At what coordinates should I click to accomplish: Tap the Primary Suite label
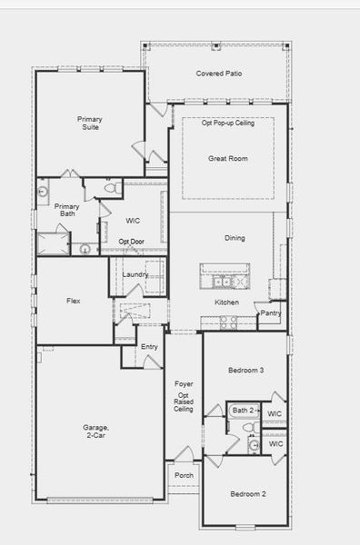[89, 124]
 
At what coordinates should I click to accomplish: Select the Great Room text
[227, 159]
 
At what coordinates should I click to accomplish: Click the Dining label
[235, 238]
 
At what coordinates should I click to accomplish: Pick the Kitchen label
[226, 302]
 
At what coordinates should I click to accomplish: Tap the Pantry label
[270, 313]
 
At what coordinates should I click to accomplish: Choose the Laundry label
[135, 274]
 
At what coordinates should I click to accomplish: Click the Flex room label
[74, 301]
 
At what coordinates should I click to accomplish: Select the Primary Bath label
[66, 211]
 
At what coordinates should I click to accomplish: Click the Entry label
[149, 347]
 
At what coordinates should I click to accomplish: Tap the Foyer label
[183, 385]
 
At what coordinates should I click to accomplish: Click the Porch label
[184, 474]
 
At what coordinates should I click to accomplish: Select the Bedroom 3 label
[246, 371]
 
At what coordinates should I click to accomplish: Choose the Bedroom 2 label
[247, 494]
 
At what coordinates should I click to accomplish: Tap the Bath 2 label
[243, 411]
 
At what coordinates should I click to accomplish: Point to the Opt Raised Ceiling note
[183, 402]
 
